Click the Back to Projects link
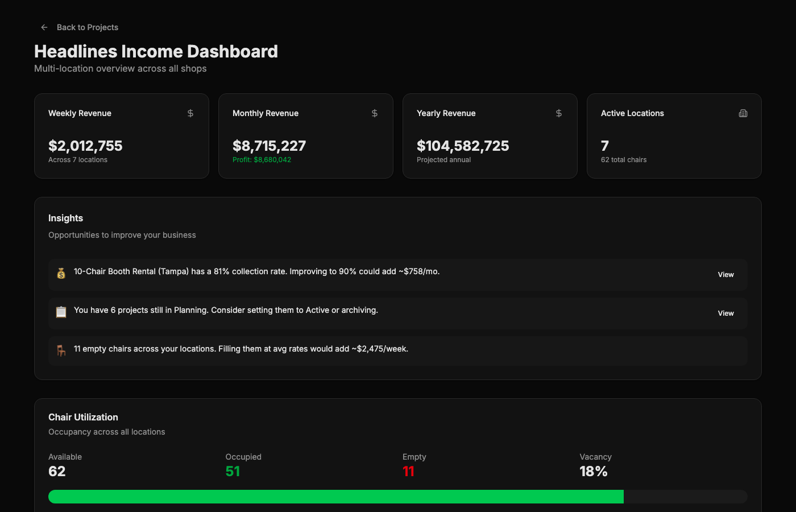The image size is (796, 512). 88,27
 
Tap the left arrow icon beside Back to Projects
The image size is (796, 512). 44,27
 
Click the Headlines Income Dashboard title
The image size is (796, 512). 156,51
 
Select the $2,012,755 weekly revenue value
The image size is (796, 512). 85,146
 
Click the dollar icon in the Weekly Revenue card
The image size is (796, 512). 190,113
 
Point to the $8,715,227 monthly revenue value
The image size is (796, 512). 269,146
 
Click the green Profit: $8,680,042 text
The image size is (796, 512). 262,160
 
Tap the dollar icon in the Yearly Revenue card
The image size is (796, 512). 558,113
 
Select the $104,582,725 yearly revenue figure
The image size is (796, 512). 463,146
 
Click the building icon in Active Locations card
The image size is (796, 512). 743,113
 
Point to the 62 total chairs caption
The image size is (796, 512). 624,160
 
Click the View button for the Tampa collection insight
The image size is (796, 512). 725,274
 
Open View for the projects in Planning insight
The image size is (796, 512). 725,313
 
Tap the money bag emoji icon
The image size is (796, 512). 61,273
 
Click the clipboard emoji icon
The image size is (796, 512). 61,312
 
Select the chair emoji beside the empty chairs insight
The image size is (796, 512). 61,350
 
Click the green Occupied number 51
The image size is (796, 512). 233,472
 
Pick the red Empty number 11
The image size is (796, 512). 408,472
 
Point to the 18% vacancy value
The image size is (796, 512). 594,472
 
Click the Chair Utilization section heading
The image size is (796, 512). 83,417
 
